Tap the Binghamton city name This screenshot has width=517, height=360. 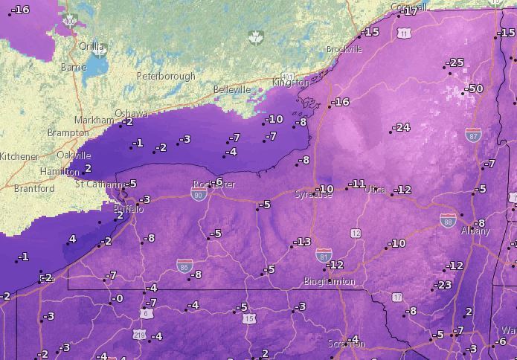click(x=329, y=282)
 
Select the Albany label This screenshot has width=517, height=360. click(x=475, y=231)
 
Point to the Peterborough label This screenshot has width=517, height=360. click(x=166, y=76)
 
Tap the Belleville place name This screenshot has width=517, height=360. click(x=232, y=89)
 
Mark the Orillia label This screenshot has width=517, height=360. click(x=91, y=46)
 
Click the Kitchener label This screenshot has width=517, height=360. click(x=19, y=156)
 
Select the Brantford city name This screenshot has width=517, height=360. click(x=34, y=189)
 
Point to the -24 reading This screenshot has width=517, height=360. click(x=401, y=127)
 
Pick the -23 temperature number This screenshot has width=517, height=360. click(x=443, y=285)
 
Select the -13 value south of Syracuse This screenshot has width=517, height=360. click(x=302, y=242)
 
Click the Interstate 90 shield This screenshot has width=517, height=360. click(x=198, y=196)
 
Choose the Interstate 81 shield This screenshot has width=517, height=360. click(x=322, y=254)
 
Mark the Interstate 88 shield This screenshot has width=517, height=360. click(x=447, y=220)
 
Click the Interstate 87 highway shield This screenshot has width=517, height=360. click(x=472, y=135)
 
